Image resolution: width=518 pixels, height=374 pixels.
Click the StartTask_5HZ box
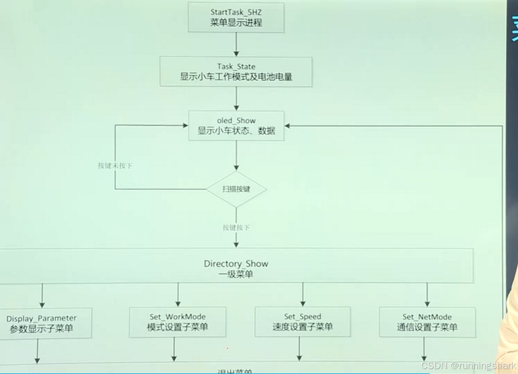236,18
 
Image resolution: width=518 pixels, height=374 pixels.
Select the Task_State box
236,72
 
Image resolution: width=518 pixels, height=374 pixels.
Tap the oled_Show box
236,126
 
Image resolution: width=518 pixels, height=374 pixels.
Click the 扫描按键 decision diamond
236,189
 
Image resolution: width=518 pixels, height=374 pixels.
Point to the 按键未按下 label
115,166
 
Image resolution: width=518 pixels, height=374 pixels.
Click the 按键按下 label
236,227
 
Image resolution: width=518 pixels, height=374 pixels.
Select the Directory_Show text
236,264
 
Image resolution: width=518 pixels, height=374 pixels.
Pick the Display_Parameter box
42,323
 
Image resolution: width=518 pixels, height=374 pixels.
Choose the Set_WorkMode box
178,322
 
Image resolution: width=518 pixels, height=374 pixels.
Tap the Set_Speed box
303,322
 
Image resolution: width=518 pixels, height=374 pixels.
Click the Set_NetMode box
427,322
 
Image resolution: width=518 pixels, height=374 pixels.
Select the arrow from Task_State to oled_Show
236,99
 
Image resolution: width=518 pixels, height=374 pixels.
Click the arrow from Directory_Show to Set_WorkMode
178,295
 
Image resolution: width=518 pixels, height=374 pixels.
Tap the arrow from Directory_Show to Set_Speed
303,295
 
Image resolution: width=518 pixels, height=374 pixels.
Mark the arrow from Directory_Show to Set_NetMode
427,295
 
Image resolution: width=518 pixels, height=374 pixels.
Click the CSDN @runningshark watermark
469,366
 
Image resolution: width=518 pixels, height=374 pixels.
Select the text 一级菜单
236,274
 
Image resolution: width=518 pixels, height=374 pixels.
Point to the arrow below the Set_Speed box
299,349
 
